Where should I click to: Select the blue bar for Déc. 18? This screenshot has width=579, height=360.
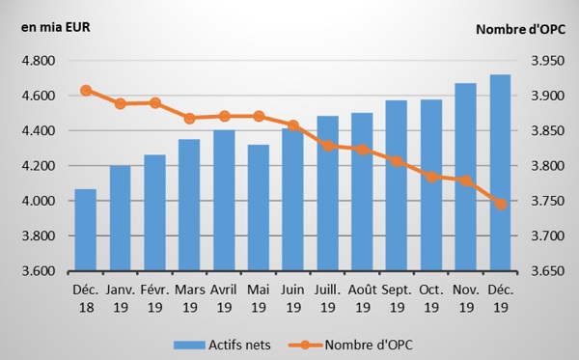click(86, 230)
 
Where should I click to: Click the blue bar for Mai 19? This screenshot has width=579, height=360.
click(259, 208)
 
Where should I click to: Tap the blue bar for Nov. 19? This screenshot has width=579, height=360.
click(466, 178)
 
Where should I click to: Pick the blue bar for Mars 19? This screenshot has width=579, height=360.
click(189, 206)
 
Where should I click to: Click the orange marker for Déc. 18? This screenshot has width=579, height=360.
click(86, 91)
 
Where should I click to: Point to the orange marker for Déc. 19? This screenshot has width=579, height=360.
click(501, 205)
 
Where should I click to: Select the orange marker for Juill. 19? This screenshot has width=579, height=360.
click(328, 146)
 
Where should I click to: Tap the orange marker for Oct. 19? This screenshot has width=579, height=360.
click(431, 178)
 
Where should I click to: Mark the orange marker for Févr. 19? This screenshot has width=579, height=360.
click(155, 103)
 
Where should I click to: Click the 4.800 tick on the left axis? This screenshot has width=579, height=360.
click(39, 61)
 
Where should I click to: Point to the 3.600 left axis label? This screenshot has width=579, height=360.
click(39, 271)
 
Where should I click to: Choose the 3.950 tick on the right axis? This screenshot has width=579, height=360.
click(548, 61)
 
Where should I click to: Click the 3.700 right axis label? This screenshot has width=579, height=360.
click(548, 235)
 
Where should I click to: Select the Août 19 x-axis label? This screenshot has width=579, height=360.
click(363, 298)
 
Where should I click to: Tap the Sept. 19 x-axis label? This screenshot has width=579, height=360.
click(397, 298)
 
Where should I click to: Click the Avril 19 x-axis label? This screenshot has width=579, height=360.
click(224, 298)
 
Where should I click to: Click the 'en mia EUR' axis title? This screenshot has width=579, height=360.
click(56, 28)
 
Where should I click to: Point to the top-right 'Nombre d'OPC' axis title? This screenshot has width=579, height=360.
click(521, 29)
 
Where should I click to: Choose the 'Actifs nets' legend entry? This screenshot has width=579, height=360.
click(222, 345)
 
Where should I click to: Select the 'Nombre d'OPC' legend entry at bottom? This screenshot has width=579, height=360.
click(351, 345)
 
